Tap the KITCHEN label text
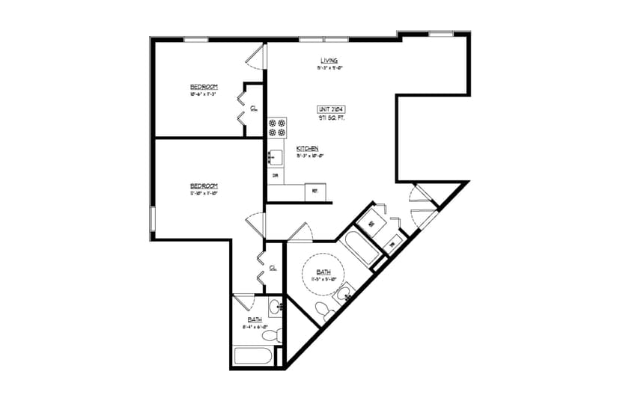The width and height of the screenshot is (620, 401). point(308,148)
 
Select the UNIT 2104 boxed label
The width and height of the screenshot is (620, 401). point(330,109)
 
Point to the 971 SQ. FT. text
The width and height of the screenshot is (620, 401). point(330,117)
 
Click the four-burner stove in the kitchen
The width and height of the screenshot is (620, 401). point(277,127)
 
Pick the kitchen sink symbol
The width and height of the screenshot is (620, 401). point(275,157)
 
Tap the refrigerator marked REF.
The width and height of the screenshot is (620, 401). point(315,192)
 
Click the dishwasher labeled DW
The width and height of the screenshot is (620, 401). point(275,176)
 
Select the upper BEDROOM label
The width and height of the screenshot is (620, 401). point(204,87)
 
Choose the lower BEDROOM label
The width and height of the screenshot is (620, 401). point(203,185)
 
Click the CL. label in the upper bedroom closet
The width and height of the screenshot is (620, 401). point(254,108)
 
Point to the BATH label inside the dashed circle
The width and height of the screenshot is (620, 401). point(323,272)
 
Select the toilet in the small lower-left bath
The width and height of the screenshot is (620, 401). point(273,333)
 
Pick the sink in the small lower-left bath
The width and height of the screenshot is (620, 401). point(276,305)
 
